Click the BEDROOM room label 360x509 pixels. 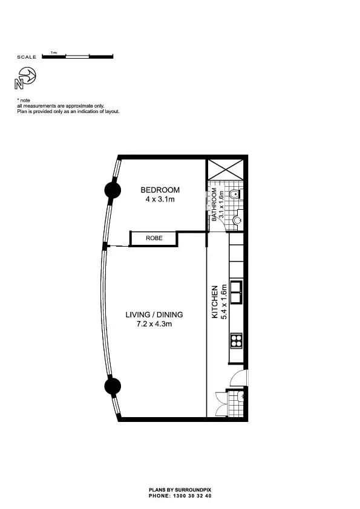point(160,190)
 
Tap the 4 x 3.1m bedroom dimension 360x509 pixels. point(160,199)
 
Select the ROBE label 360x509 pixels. point(154,238)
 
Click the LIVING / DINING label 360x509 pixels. point(154,315)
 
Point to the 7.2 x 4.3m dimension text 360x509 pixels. point(154,325)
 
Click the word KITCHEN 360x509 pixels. point(214,303)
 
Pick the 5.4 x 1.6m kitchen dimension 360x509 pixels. point(223,302)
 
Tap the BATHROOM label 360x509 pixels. point(214,205)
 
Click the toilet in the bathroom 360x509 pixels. point(240,195)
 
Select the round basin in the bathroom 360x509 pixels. point(238,220)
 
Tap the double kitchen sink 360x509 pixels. point(236,291)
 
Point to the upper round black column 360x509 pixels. point(112,190)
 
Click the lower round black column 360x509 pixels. point(111,385)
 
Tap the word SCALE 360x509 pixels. point(27,57)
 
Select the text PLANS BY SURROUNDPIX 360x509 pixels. point(180,490)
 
